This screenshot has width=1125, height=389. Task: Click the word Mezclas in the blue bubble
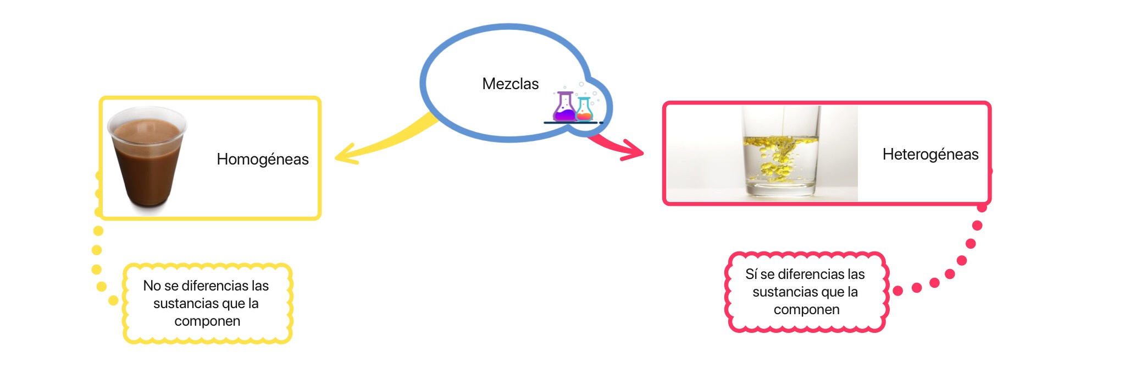pos(510,84)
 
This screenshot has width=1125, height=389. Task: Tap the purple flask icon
pos(564,107)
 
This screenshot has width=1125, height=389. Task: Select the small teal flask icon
pos(584,109)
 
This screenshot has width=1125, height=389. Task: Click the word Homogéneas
pos(262,159)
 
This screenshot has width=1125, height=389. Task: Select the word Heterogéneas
pos(930,154)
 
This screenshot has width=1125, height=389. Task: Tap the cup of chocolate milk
pos(147,160)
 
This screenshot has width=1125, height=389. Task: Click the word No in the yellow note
pos(152,286)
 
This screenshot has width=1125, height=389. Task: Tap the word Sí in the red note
pos(751,274)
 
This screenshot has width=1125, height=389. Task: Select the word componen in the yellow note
pos(207,321)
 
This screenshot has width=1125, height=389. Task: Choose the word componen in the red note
pos(806,309)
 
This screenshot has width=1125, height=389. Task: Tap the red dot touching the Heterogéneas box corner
pos(982,207)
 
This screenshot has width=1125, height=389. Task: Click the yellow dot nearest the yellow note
pos(113,300)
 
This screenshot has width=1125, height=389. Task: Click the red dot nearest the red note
pos(898,291)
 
